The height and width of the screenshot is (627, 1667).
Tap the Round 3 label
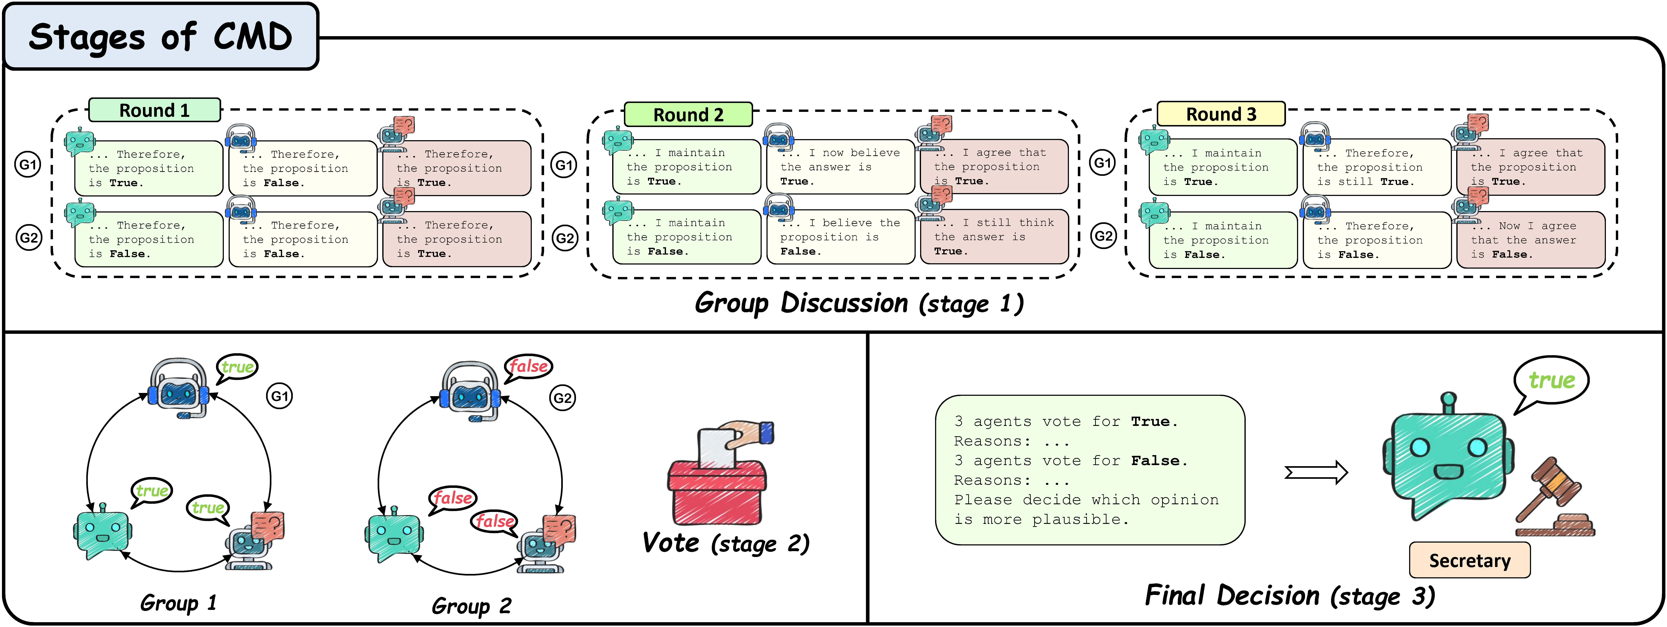1220,114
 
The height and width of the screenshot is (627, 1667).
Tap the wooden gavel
1553,498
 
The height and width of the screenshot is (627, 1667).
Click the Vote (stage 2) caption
726,543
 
